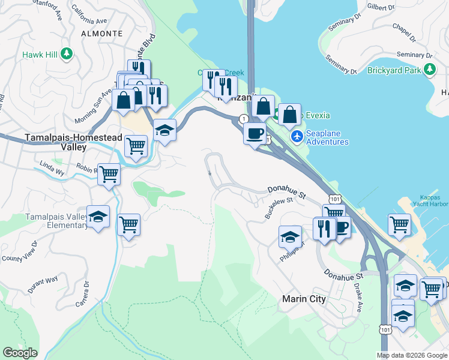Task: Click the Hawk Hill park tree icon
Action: [x=67, y=55]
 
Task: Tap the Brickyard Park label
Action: [x=396, y=70]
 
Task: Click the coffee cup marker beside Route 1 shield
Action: [x=255, y=133]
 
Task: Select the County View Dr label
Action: [x=19, y=252]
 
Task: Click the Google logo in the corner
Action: [x=20, y=353]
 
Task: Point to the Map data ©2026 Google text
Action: [x=412, y=355]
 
